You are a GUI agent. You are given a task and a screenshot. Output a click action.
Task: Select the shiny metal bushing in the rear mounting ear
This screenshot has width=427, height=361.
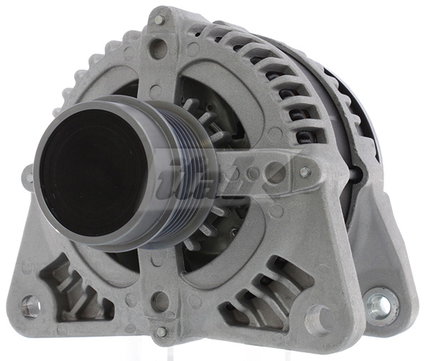tap(380, 305)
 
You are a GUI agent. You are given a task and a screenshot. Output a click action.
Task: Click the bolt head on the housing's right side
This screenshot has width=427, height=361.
tap(305, 172)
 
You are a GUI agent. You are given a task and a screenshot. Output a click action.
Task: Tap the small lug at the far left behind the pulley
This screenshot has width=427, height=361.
tap(27, 174)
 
